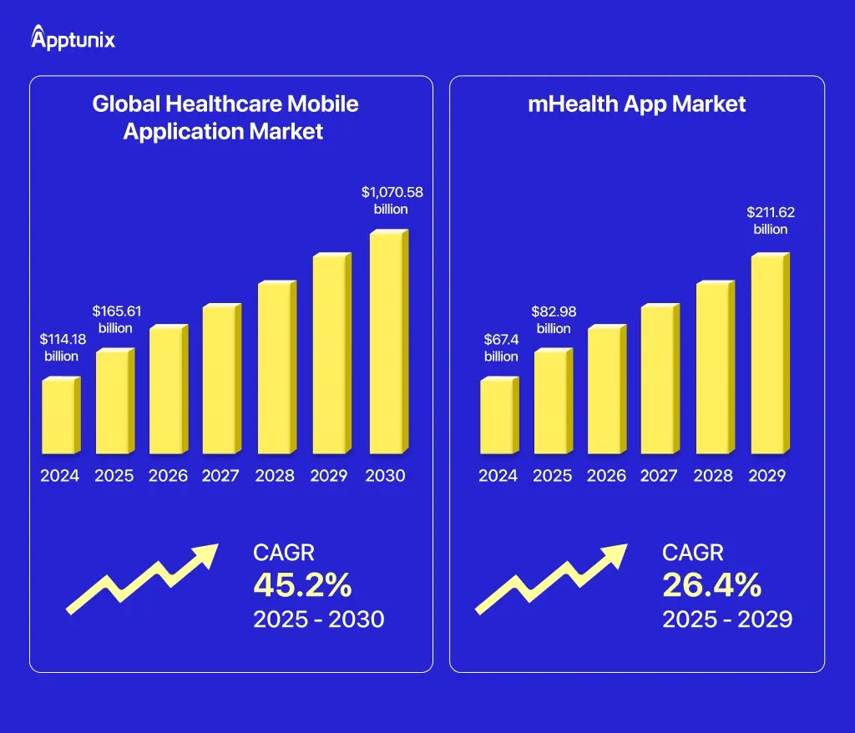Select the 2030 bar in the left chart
[388, 342]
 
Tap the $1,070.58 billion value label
[392, 200]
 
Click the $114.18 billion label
[60, 347]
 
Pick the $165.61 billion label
[116, 319]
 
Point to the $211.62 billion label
[770, 220]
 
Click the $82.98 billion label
[554, 319]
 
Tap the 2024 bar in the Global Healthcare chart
[60, 416]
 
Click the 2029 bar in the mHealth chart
[769, 355]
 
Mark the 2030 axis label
[385, 476]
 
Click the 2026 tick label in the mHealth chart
[606, 476]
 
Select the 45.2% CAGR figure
[302, 585]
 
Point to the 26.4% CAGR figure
[711, 585]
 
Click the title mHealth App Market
[637, 104]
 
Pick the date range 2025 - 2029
[726, 619]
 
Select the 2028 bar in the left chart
[277, 368]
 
